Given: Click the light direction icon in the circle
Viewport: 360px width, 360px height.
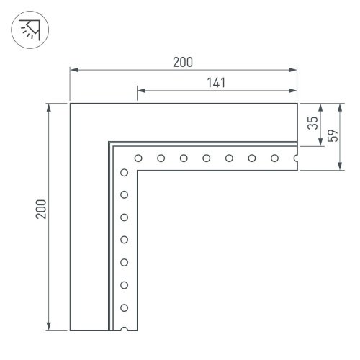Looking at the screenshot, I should coord(27,30).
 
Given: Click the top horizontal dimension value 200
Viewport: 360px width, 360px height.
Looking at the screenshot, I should coord(183,62).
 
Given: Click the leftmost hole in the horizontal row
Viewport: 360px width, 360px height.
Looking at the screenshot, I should coord(138,158).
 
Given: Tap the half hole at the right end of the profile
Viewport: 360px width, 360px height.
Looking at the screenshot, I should coord(296,158).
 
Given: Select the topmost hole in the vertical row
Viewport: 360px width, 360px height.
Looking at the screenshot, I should coord(125,172).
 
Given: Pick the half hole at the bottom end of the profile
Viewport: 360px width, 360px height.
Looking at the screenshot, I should coord(125,329).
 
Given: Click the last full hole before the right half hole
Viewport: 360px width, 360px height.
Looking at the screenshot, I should coord(274,158).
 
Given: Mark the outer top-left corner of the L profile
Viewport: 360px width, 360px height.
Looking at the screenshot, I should coord(70,104).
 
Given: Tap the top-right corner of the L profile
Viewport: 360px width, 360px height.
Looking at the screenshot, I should coord(297,104).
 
